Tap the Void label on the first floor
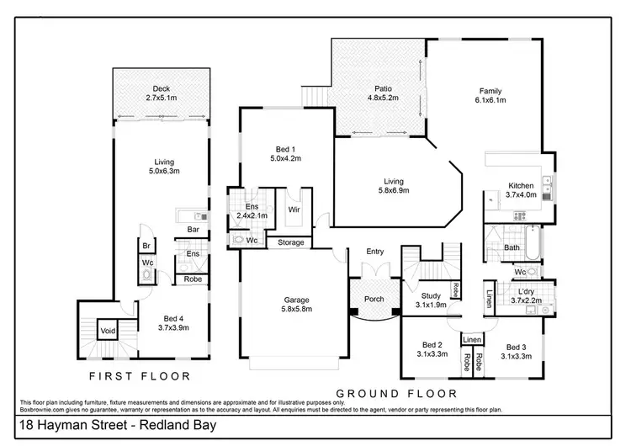point(109,330)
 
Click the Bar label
point(193,229)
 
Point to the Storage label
point(285,242)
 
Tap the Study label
point(431,295)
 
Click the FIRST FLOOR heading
point(140,376)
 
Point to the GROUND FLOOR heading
point(396,393)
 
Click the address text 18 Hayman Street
point(74,427)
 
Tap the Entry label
point(374,252)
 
